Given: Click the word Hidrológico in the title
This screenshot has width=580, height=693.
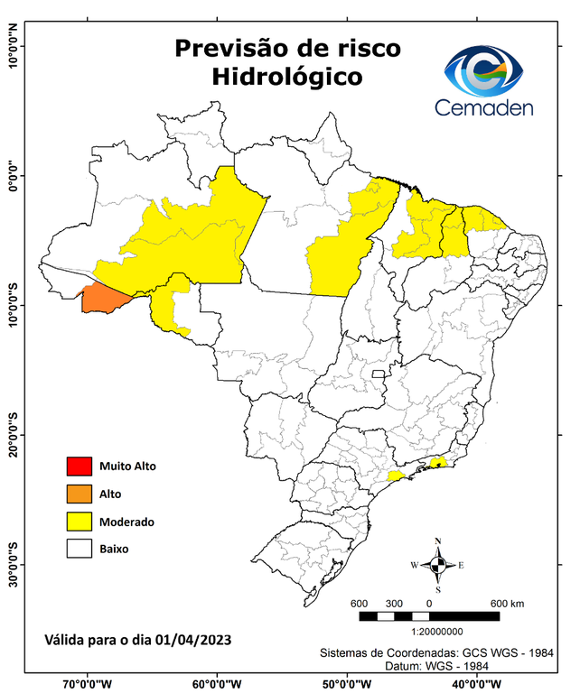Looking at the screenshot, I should [x=287, y=78].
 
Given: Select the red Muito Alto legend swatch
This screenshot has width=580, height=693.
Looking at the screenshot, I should [x=79, y=467].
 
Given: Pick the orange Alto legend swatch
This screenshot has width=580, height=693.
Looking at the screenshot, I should [x=79, y=494].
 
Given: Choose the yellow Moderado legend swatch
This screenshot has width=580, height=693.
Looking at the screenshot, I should [x=79, y=521].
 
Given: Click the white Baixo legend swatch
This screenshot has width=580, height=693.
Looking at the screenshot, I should [x=79, y=548].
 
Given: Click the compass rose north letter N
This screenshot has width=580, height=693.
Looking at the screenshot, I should [x=438, y=541].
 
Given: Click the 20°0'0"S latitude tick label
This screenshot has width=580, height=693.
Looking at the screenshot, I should [x=13, y=435].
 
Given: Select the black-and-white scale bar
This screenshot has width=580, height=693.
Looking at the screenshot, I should [x=429, y=616].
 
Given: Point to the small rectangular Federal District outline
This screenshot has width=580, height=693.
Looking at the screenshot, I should [x=379, y=373].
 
